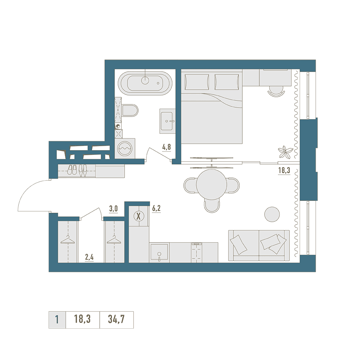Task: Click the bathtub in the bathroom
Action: coord(145,83)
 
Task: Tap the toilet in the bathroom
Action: coord(130,111)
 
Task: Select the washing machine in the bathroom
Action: coord(125,148)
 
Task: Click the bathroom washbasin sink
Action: coord(167,121)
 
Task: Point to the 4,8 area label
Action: coord(167,147)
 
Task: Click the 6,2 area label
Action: coord(156,208)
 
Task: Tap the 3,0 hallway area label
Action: coord(113,209)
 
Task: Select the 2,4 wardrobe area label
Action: coord(89,257)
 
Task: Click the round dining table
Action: coord(212,185)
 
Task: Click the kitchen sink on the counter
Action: coord(159,253)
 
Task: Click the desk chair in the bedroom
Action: coord(276,91)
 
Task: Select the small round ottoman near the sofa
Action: coord(272,215)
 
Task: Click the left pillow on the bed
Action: coord(197,82)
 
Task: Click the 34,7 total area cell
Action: coord(116,320)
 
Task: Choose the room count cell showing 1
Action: coord(57,320)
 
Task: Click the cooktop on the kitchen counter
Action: coord(196,252)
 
